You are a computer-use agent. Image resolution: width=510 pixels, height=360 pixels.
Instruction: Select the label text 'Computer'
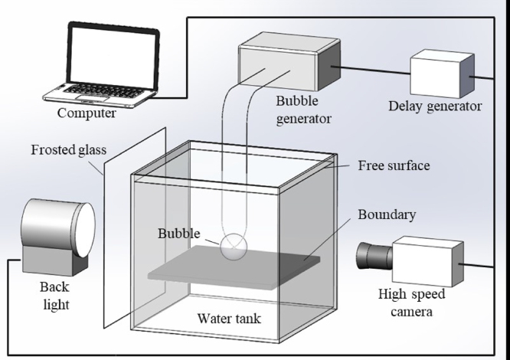click(87, 113)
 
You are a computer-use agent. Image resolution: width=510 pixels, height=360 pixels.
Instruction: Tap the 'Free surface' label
click(394, 165)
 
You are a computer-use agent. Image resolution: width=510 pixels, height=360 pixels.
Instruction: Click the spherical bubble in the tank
click(234, 247)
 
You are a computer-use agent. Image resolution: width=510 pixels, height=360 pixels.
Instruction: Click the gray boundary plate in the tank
click(230, 269)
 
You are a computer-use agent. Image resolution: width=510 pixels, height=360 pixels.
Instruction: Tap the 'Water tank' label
click(229, 318)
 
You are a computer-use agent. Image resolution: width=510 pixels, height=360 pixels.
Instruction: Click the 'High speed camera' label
click(411, 303)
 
